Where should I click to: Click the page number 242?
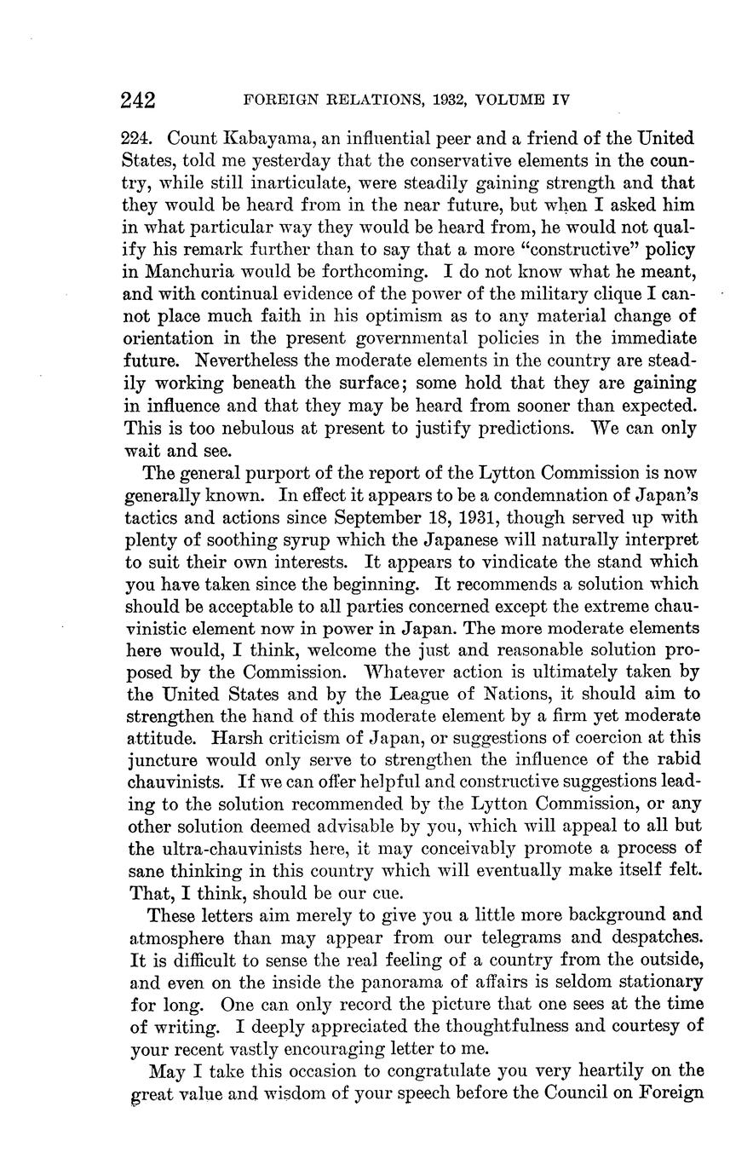[x=138, y=101]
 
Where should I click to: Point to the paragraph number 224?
[x=141, y=138]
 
